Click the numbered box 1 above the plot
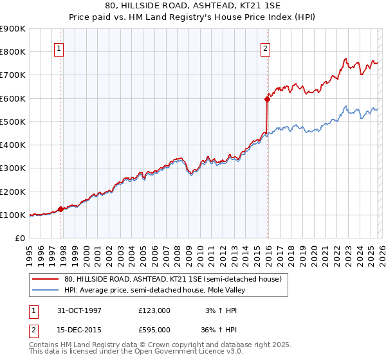tap(59, 48)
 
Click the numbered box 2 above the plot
tap(265, 48)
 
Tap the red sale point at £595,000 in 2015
tap(267, 99)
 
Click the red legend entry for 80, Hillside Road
tap(172, 280)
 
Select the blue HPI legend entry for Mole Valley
tap(155, 291)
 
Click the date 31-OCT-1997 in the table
tap(76, 310)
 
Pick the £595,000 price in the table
tap(154, 329)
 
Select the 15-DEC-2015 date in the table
tap(76, 329)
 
